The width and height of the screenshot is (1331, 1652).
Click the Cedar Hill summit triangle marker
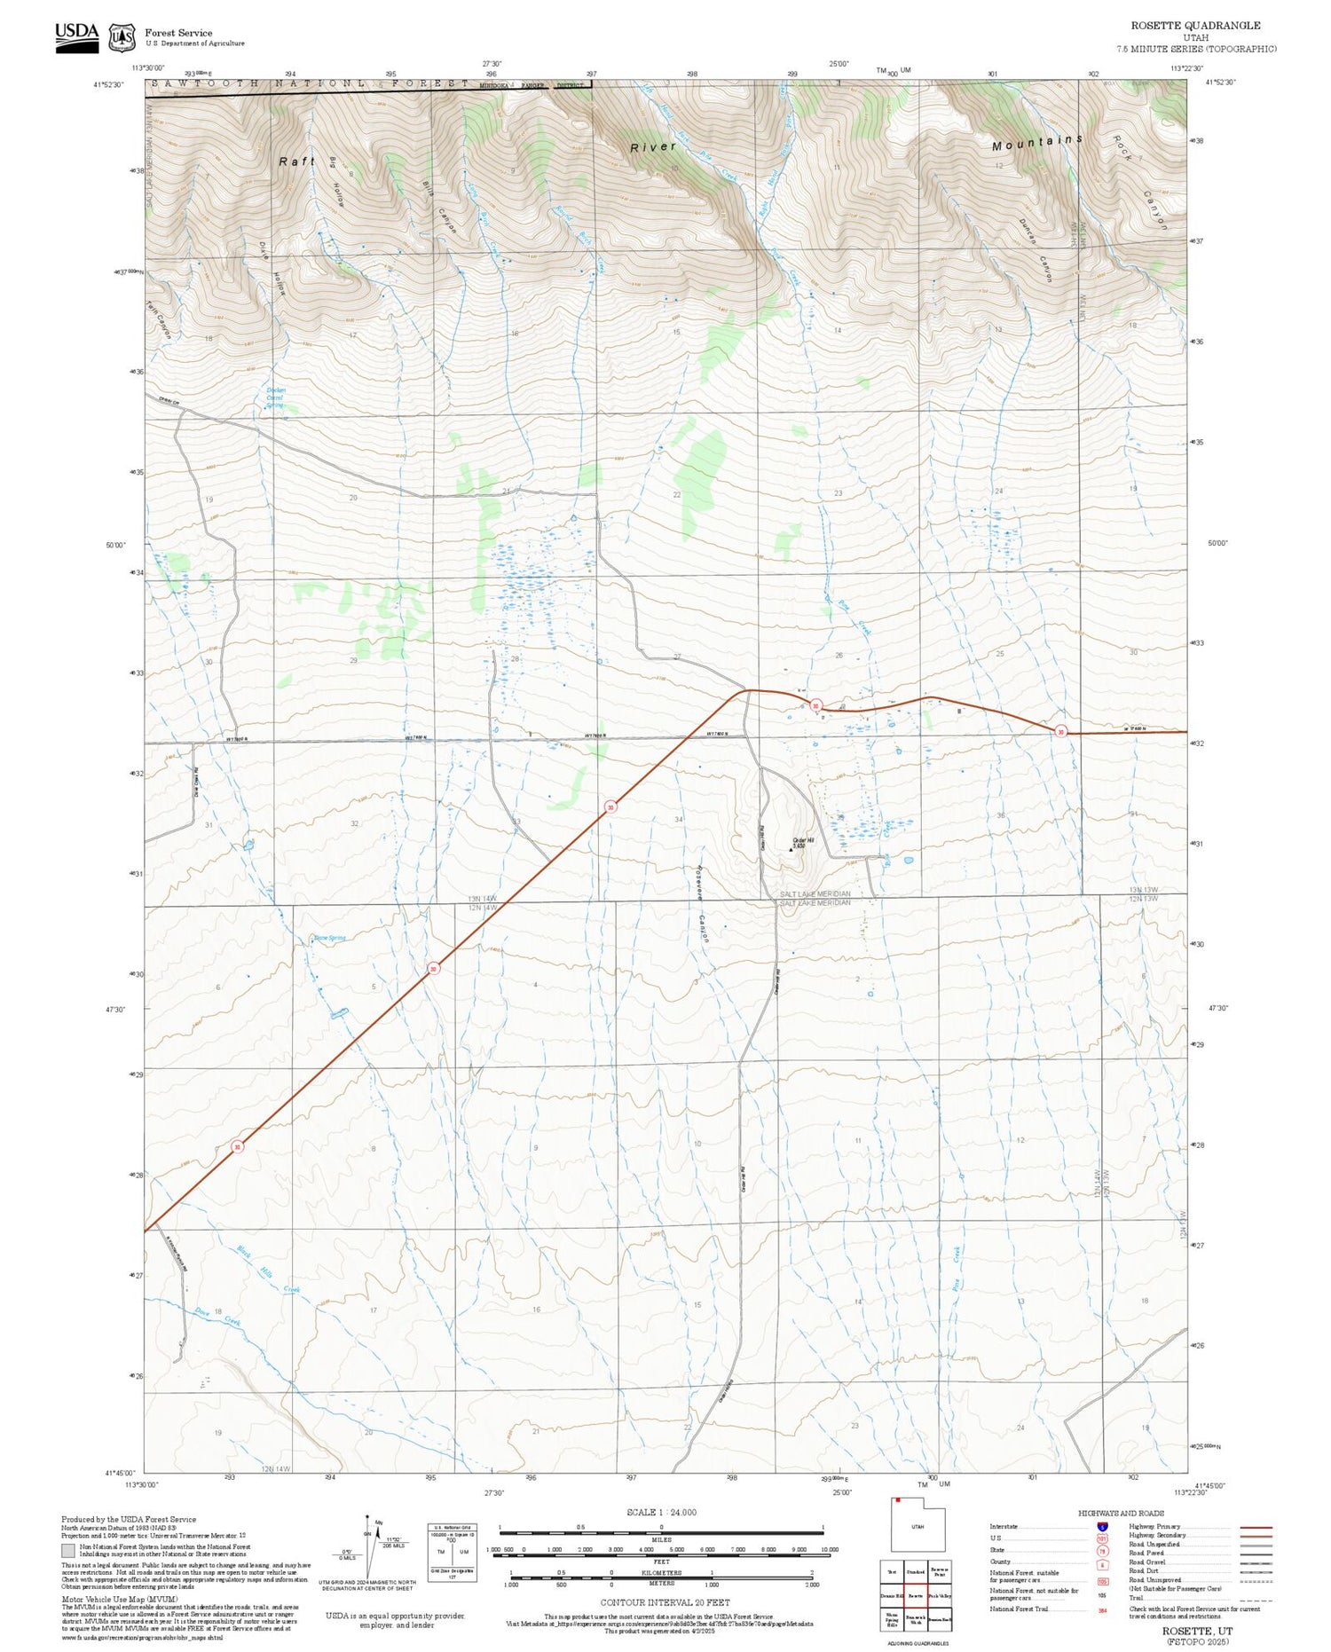792,848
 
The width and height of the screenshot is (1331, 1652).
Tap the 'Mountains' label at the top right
1036,142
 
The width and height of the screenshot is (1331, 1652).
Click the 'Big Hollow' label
335,181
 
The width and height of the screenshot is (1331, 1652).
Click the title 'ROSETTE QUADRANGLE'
1194,25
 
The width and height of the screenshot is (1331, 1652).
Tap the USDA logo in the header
76,37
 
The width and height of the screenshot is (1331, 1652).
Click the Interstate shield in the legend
1102,1526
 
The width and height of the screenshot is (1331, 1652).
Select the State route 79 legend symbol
1102,1550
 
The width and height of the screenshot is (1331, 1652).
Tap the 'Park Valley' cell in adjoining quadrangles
940,1595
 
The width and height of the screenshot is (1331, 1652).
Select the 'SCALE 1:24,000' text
661,1512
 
